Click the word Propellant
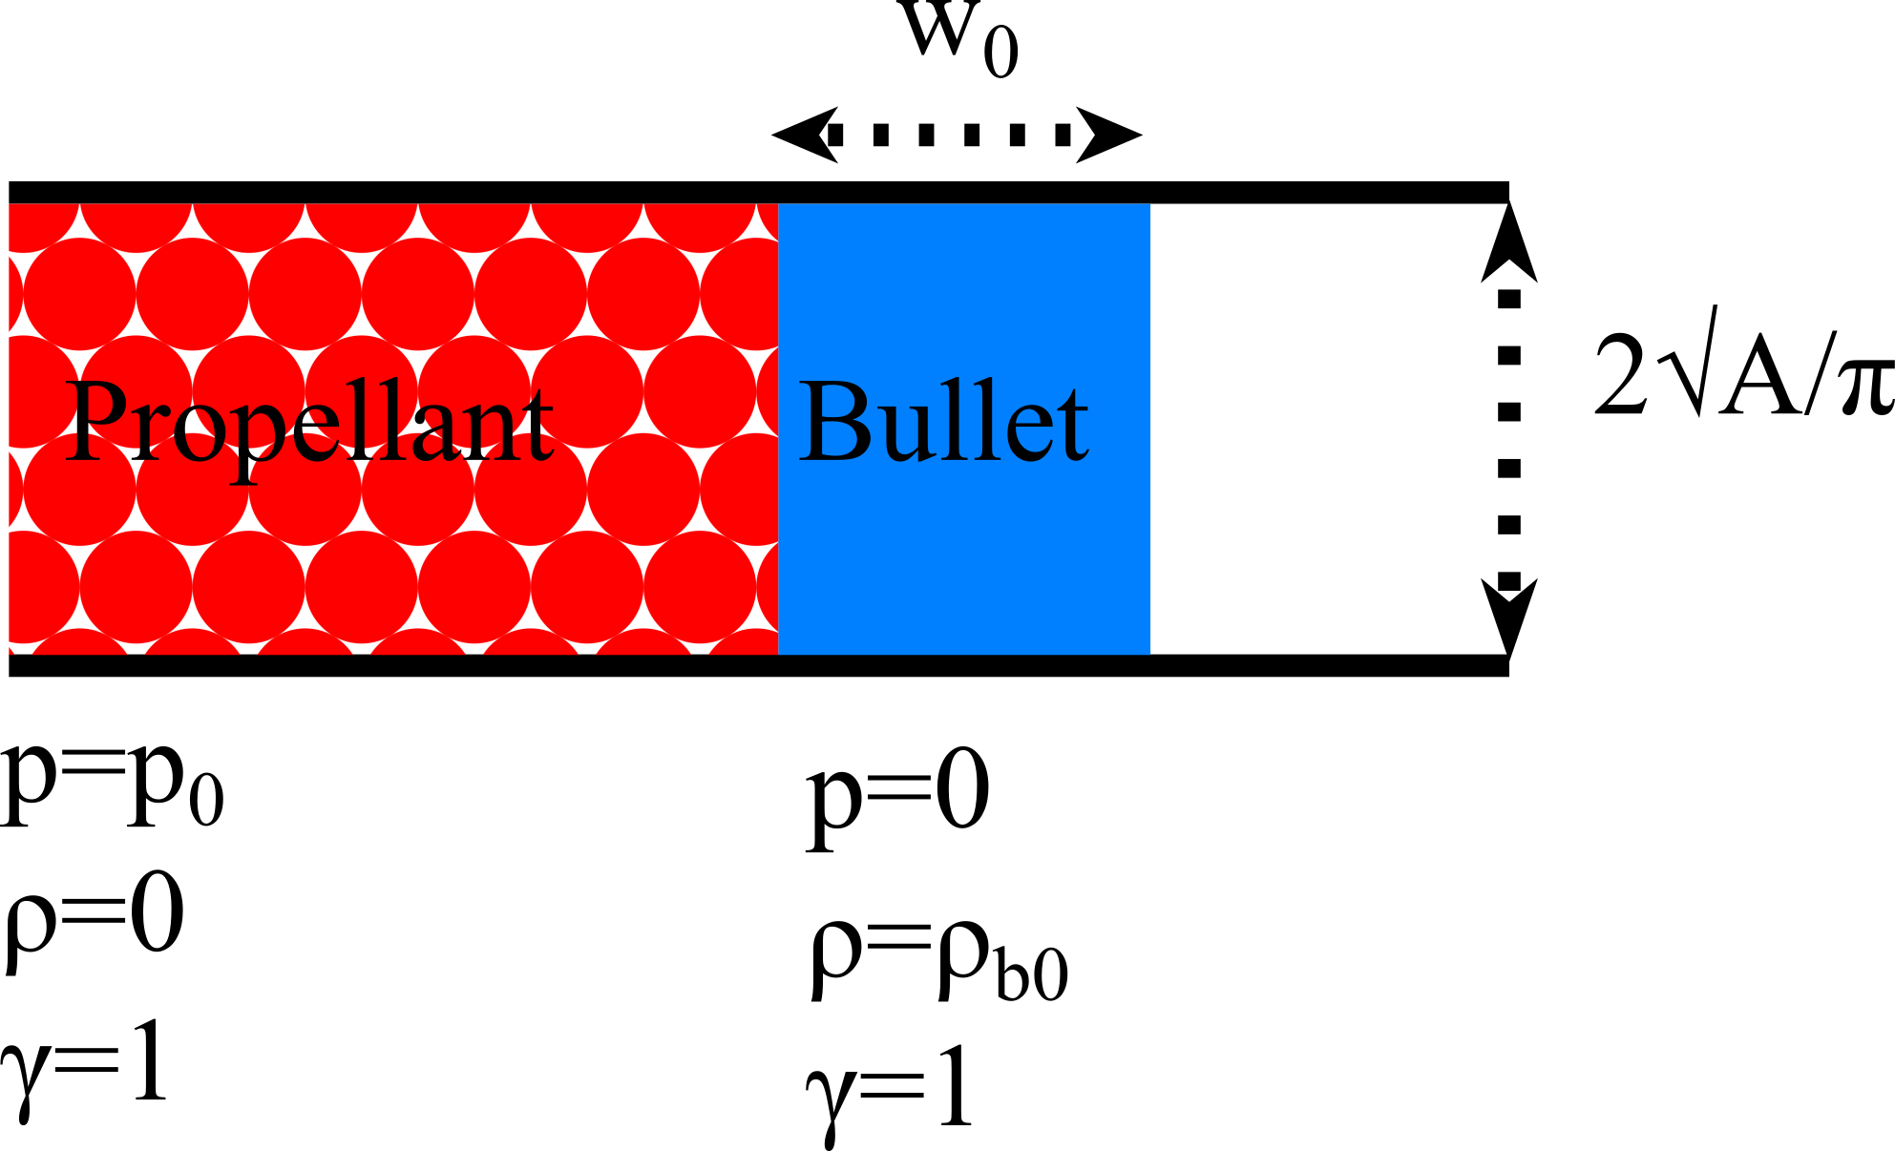(307, 422)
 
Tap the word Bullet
(943, 422)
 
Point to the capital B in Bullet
(835, 422)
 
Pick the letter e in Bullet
(1030, 434)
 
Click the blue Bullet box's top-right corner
(1149, 205)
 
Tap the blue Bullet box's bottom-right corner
(1149, 653)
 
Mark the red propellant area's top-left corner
(10, 205)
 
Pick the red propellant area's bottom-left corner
(10, 653)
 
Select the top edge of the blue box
(964, 204)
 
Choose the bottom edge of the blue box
(964, 654)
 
